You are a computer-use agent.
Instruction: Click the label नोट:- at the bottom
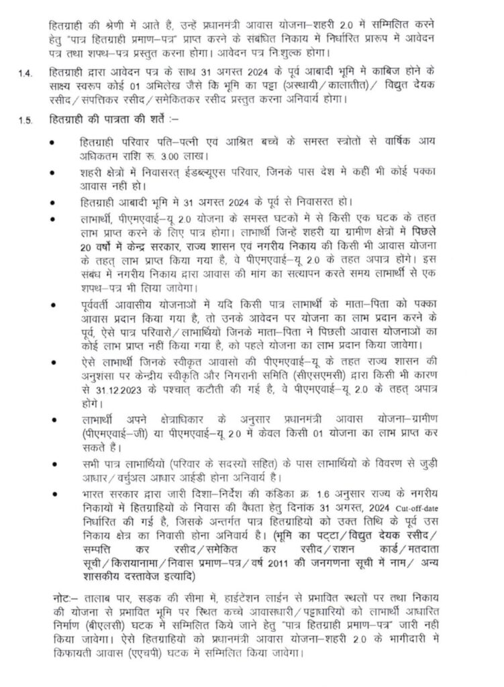(x=65, y=596)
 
